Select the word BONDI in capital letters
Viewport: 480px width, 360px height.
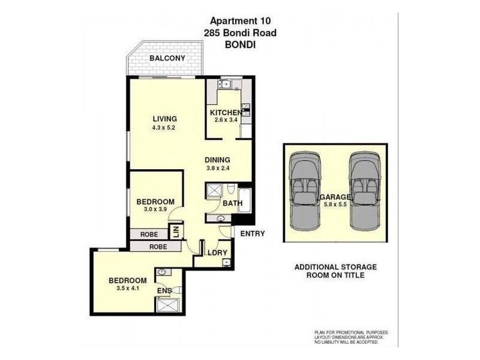tap(239, 44)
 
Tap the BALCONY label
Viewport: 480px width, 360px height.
tap(167, 58)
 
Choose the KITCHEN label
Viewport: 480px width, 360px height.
tap(226, 112)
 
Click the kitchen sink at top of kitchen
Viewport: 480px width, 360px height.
tap(227, 84)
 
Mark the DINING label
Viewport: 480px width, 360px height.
tap(218, 160)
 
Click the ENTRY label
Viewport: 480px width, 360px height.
tap(252, 233)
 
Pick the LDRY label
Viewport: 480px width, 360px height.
tap(216, 253)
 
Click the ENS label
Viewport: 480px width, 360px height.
tap(164, 291)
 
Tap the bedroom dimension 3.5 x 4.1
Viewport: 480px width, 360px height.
tap(127, 289)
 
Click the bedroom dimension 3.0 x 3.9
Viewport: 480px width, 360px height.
tap(155, 210)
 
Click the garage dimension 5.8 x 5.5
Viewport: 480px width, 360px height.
tap(336, 205)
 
